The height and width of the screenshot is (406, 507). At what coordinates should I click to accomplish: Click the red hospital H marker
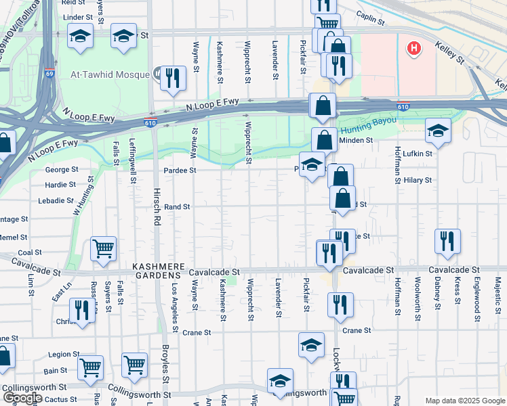pyautogui.click(x=413, y=48)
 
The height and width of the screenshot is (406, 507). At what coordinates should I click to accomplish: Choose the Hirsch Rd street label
pyautogui.click(x=157, y=203)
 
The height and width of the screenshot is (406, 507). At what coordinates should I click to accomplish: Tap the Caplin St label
pyautogui.click(x=371, y=22)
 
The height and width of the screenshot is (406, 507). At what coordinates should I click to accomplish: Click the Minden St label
pyautogui.click(x=360, y=140)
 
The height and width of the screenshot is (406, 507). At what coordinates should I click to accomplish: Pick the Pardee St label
pyautogui.click(x=180, y=171)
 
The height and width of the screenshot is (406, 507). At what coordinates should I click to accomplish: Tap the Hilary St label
pyautogui.click(x=418, y=180)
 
